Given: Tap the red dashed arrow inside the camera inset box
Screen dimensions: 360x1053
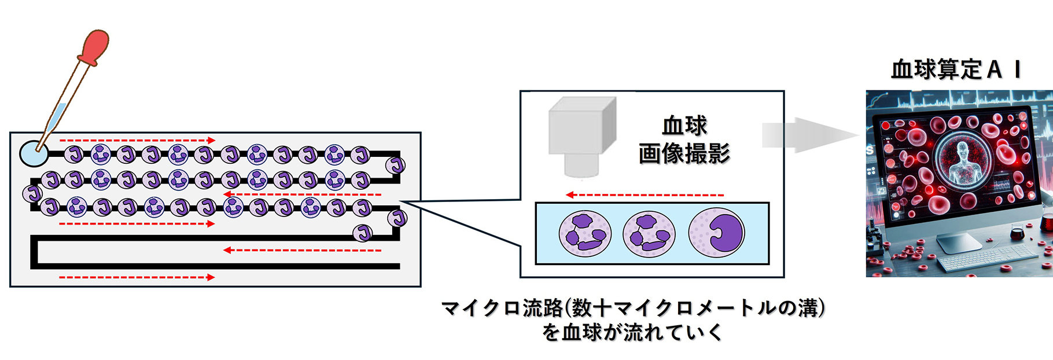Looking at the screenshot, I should tap(645, 195).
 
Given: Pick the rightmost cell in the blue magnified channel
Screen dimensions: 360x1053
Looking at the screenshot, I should tap(716, 233).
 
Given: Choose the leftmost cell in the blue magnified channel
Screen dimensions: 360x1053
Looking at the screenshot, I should tap(585, 234).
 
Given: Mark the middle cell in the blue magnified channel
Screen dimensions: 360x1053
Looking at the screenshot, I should tap(649, 234).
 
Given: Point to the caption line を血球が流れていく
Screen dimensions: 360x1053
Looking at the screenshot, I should tap(632, 333).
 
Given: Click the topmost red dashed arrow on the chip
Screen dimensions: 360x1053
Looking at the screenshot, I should tap(137, 140).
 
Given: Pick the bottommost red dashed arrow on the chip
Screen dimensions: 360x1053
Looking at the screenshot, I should tap(137, 277).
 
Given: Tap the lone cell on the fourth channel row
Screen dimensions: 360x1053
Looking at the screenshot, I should tap(363, 233).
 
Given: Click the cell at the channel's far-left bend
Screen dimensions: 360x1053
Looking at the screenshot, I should tap(32, 193).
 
